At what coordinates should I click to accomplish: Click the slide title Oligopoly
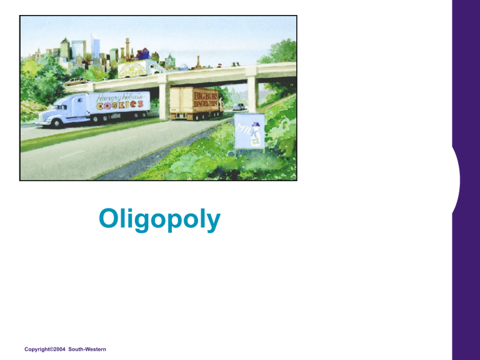[x=159, y=219]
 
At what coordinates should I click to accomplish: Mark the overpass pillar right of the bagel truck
[x=251, y=94]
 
